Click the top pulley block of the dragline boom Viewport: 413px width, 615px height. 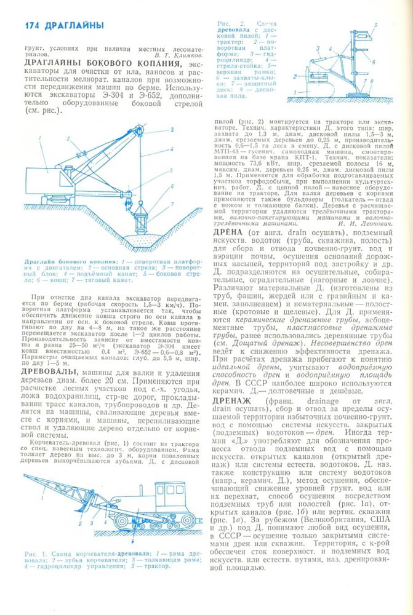140,129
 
